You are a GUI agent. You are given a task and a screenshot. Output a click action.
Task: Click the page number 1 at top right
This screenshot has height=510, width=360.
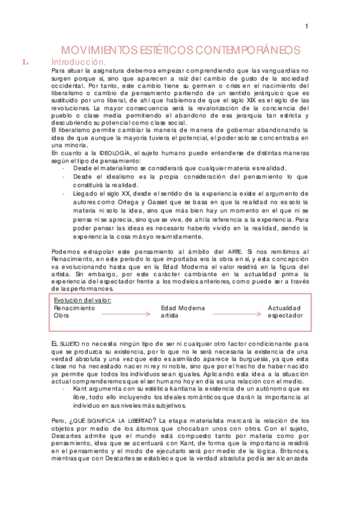307,26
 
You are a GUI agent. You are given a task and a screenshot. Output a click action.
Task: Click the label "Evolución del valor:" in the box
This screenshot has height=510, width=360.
82,300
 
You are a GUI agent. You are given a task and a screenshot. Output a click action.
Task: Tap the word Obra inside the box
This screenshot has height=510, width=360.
61,315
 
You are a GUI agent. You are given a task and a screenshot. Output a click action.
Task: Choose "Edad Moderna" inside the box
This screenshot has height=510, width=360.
183,308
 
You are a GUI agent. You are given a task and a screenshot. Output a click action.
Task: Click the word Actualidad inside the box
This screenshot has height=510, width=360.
285,308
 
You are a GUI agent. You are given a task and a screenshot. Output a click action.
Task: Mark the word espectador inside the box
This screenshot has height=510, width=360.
285,315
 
